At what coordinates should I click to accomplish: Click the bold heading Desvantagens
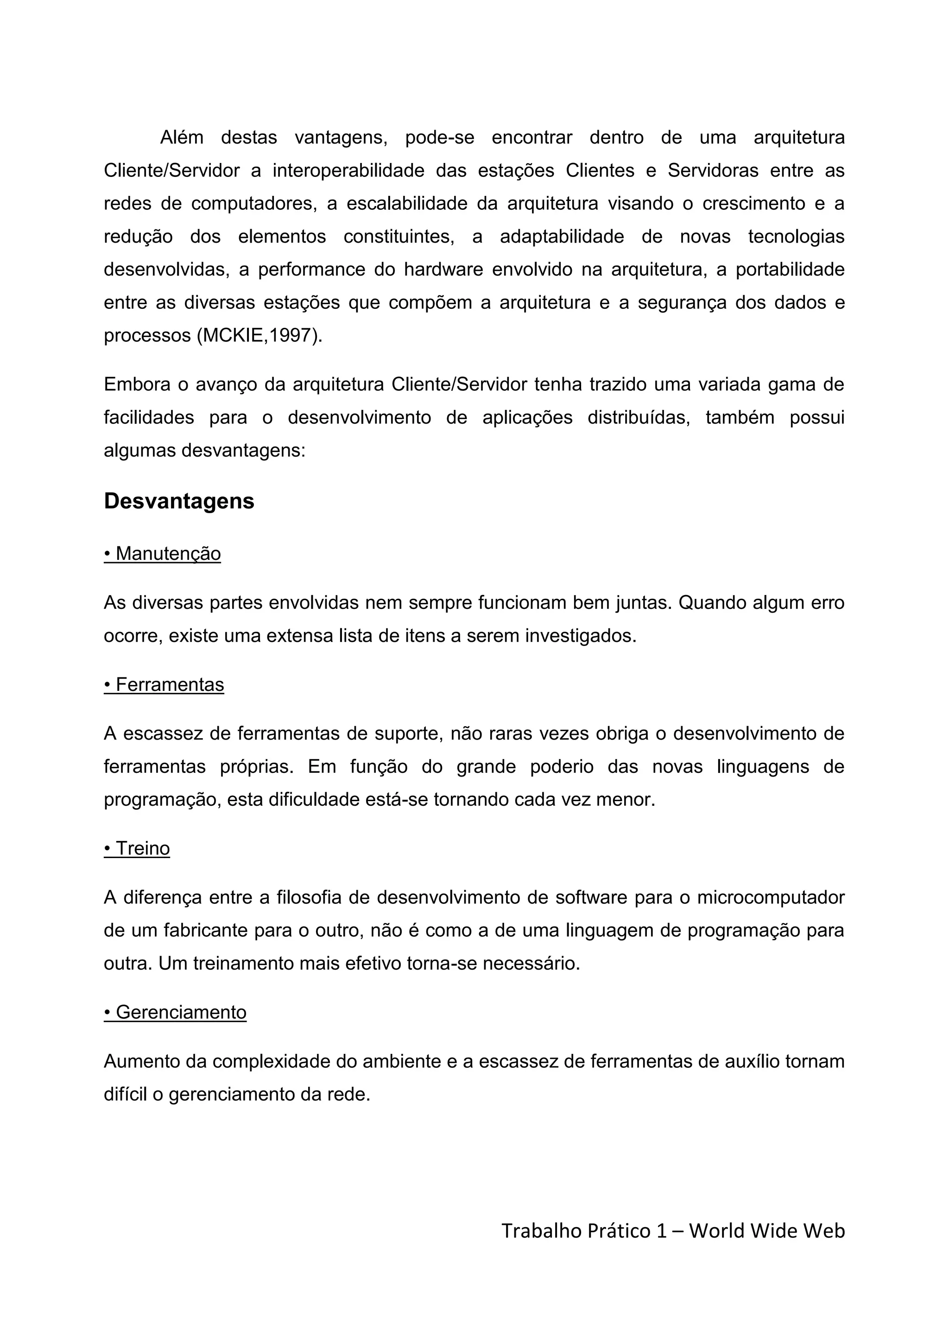pyautogui.click(x=179, y=502)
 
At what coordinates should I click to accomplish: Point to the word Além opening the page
pyautogui.click(x=182, y=138)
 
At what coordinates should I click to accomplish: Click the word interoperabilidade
pyautogui.click(x=348, y=171)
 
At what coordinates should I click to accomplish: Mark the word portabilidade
pyautogui.click(x=790, y=270)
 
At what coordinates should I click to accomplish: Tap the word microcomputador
pyautogui.click(x=770, y=897)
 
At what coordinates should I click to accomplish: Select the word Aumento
pyautogui.click(x=139, y=1061)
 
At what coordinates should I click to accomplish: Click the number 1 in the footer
pyautogui.click(x=661, y=1231)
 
